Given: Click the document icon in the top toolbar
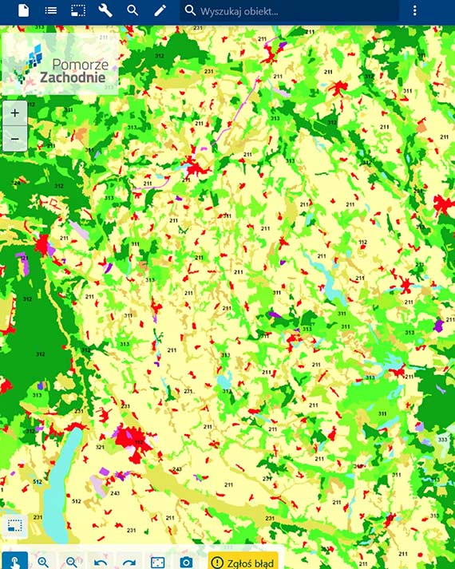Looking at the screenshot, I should [23, 10].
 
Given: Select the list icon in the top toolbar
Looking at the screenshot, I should [51, 10].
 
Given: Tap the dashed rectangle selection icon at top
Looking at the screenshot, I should [78, 10].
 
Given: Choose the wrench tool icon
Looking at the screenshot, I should [105, 10].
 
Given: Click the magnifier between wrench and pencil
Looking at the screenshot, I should [133, 10].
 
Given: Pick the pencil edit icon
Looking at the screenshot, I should [160, 10].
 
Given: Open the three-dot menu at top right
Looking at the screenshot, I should [414, 10].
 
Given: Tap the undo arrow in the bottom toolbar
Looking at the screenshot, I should [100, 562].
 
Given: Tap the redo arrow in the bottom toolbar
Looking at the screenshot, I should [129, 562].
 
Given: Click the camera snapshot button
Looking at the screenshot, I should [186, 562].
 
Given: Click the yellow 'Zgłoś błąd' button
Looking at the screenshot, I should [243, 562].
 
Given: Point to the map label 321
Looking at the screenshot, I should [100, 447].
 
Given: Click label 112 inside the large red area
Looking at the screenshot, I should [137, 441].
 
